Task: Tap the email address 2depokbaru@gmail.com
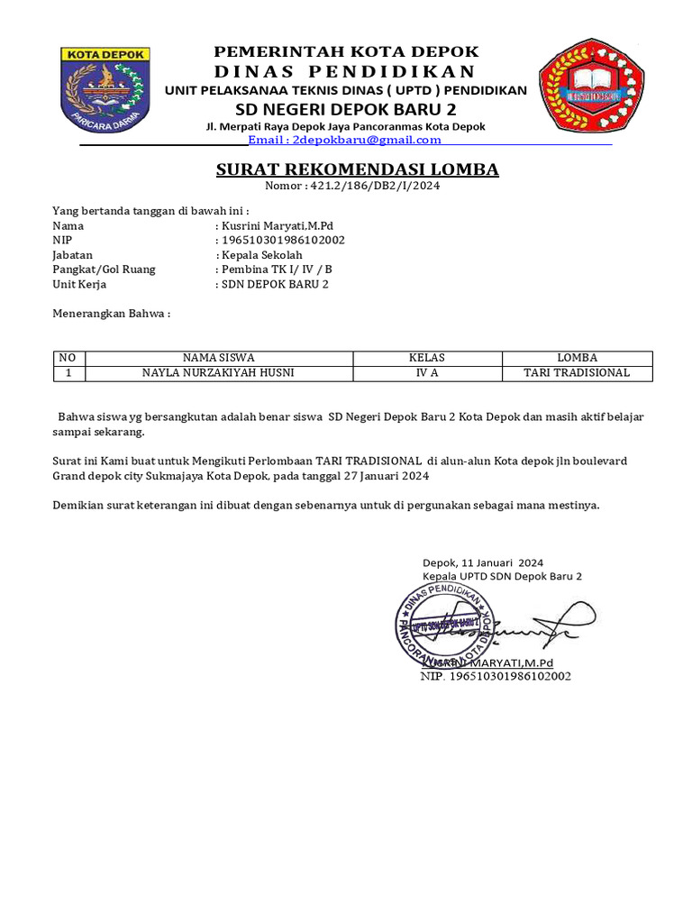pos(344,140)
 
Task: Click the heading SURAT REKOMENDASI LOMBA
pos(357,170)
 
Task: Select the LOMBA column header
pos(577,358)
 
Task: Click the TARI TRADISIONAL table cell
pos(577,372)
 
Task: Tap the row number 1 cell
pos(69,372)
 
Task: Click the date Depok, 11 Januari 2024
pos(483,562)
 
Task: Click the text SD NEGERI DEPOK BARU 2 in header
pos(346,109)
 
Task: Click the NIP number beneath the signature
pos(496,675)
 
